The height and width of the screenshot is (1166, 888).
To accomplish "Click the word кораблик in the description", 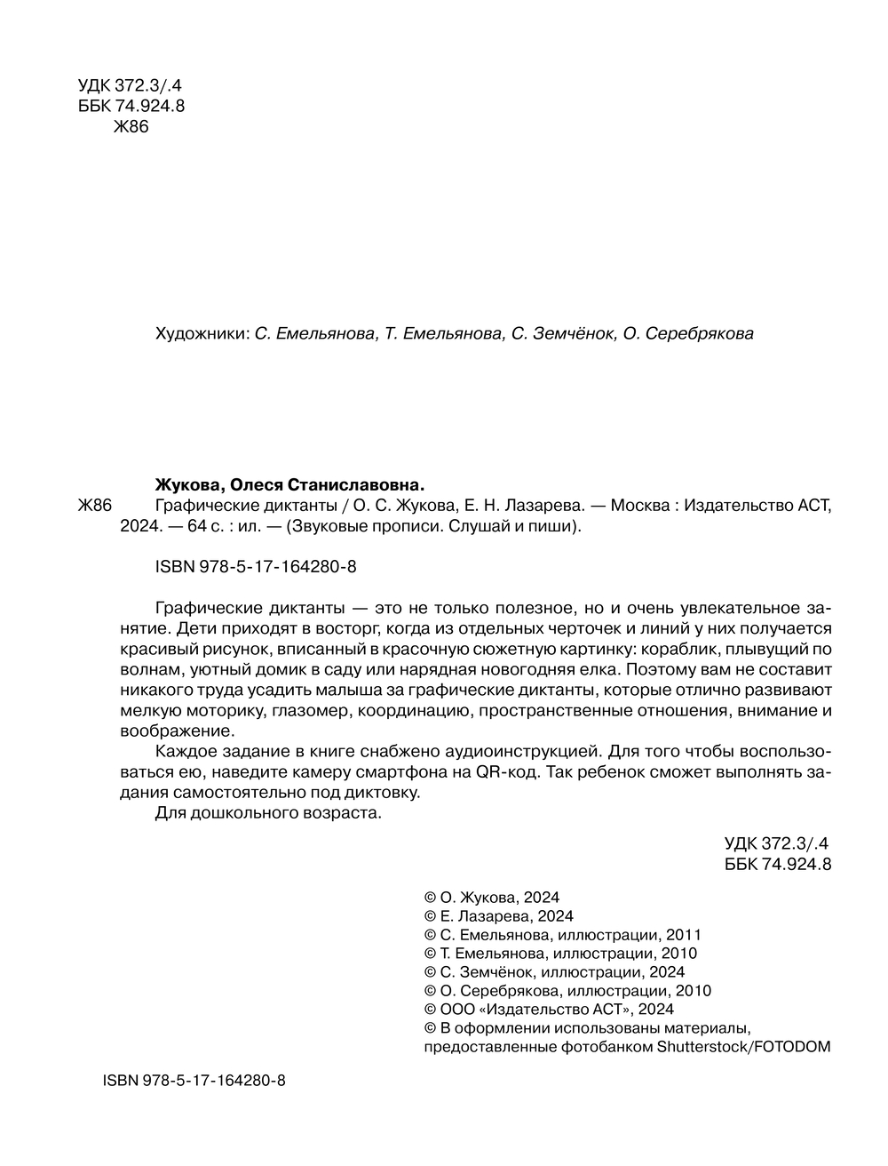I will click(674, 648).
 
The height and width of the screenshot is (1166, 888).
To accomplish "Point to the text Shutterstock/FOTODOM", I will click(743, 1047).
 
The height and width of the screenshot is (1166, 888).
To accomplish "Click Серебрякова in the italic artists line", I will click(698, 335).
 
